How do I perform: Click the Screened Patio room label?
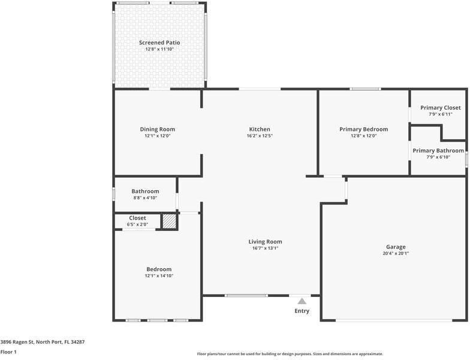pos(159,43)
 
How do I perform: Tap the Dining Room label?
pos(158,129)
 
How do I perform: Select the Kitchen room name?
pos(260,129)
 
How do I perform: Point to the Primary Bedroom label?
pos(363,129)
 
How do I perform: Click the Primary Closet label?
pos(440,107)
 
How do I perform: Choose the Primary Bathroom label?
pos(438,151)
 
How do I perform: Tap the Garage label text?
pos(396,247)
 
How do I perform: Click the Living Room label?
pos(265,242)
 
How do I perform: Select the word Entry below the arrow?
pos(302,311)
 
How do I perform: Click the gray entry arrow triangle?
pos(302,301)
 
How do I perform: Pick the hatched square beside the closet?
pos(170,221)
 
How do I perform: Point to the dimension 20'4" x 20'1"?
pos(396,253)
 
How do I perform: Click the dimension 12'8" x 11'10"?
pos(159,49)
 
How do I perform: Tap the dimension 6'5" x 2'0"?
pos(137,224)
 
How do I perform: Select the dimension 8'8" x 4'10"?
pos(145,197)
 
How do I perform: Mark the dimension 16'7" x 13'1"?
pos(265,248)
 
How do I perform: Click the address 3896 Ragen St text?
pos(43,341)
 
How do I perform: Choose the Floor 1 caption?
pos(8,352)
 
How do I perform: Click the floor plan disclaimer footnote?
pos(290,354)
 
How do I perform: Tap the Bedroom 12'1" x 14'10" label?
pos(159,272)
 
